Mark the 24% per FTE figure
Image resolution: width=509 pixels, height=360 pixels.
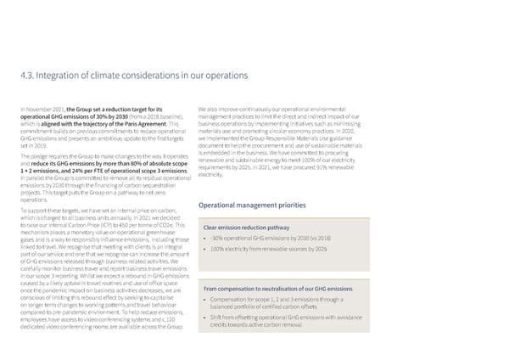pyautogui.click(x=75, y=170)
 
